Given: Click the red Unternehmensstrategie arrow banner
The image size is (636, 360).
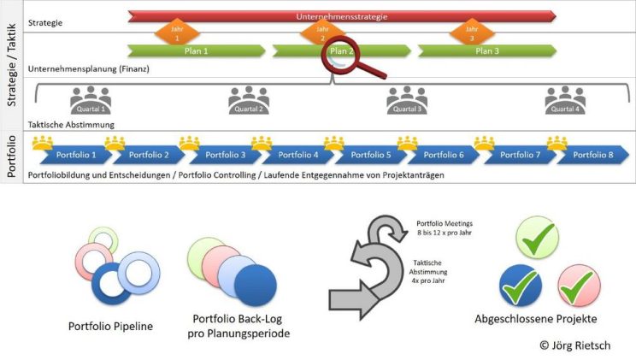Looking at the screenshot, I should click(342, 15).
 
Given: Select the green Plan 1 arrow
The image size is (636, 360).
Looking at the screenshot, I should click(196, 50).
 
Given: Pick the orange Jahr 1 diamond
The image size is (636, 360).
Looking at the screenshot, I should click(176, 33).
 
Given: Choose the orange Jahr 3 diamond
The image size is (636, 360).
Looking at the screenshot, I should click(470, 33).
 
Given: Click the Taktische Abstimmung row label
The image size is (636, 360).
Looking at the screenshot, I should click(72, 124).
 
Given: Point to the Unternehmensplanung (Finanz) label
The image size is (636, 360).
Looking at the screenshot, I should click(89, 68).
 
